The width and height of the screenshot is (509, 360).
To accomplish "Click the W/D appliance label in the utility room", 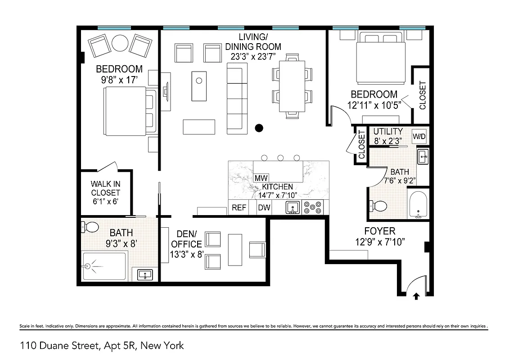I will click(419, 136).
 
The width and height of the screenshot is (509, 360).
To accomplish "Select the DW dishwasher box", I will click(264, 208).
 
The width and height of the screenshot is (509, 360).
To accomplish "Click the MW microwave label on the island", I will click(261, 178).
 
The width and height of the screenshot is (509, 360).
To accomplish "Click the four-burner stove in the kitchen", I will click(313, 208).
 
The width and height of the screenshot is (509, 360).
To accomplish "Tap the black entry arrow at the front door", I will click(416, 296).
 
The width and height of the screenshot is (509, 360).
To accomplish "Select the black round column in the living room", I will click(259, 128).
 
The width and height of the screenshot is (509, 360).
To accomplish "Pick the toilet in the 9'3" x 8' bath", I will click(90, 226).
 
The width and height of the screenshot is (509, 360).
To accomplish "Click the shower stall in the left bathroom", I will click(104, 267).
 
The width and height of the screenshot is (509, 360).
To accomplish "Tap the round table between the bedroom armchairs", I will click(120, 43).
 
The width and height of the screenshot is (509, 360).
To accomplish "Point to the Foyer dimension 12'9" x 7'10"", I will click(380, 242).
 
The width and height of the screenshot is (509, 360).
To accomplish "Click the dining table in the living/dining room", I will click(291, 86).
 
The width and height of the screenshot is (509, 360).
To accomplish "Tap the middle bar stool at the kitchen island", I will click(280, 157).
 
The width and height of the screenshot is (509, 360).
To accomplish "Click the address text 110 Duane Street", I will click(102, 346).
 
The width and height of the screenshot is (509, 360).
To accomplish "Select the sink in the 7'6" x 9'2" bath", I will click(423, 157).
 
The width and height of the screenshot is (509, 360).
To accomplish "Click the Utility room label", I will click(388, 131).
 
